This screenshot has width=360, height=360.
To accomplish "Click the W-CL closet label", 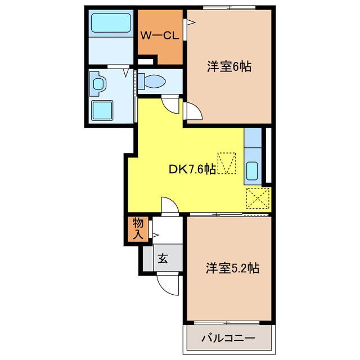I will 159,36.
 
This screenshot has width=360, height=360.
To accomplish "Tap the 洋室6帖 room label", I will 228,66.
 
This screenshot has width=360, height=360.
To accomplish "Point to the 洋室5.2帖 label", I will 232,268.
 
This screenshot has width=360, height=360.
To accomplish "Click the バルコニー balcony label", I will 228,339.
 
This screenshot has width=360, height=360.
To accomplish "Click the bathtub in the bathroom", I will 111,24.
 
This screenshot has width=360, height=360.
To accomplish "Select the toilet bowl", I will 153,83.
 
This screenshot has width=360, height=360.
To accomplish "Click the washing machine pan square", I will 102,111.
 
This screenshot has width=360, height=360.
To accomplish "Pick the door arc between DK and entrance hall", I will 169,205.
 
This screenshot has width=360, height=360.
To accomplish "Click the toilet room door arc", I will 169,104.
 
